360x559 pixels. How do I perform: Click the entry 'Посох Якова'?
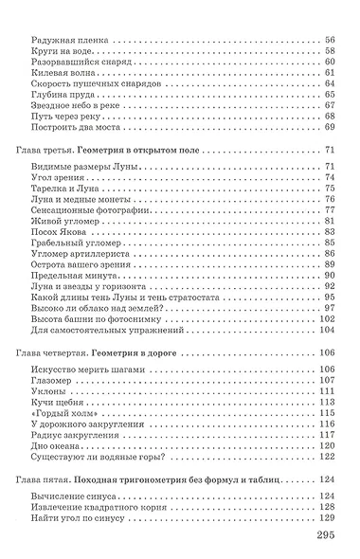tap(55, 231)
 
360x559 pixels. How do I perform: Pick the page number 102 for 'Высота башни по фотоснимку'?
tap(328, 319)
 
